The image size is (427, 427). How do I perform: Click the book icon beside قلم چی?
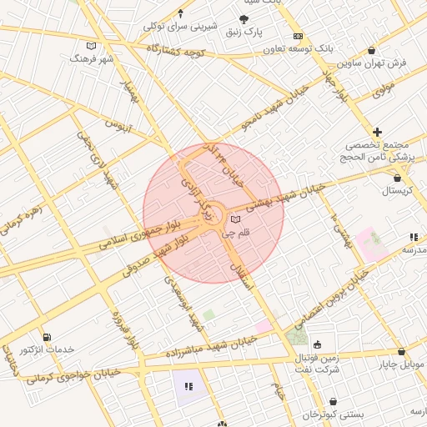tap(235, 219)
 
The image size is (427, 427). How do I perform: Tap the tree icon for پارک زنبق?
tap(243, 18)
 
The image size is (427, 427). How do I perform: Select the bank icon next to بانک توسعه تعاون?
tap(298, 37)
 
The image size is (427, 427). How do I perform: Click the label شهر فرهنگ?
tap(91, 60)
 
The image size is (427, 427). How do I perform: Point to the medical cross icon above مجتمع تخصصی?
tap(378, 132)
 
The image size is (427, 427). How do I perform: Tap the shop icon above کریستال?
tap(396, 178)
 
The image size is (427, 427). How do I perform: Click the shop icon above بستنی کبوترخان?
tap(334, 402)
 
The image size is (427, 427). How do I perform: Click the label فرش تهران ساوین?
tap(372, 63)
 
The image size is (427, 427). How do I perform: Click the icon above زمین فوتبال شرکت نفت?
tap(318, 344)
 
